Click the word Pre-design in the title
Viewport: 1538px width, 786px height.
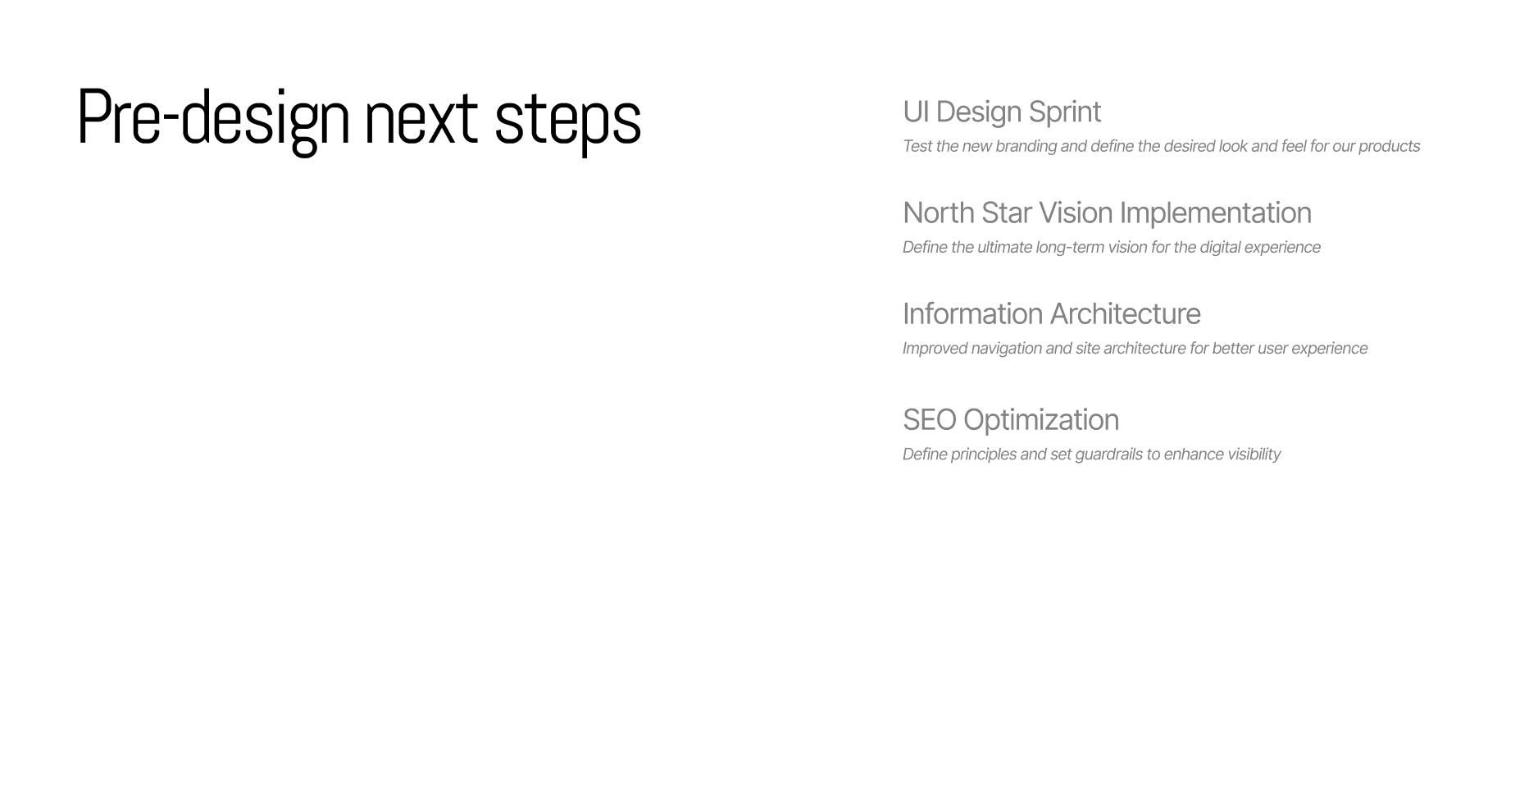[213, 119]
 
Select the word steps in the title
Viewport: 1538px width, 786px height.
[567, 123]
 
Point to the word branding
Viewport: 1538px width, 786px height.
[1026, 147]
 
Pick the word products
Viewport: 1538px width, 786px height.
[1389, 147]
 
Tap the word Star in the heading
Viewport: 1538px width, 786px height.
[1007, 213]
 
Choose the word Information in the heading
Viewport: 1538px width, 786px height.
[972, 314]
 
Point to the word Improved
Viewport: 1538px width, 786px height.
[935, 349]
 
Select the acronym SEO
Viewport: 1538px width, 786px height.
[930, 420]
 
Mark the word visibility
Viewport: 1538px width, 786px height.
[1254, 455]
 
